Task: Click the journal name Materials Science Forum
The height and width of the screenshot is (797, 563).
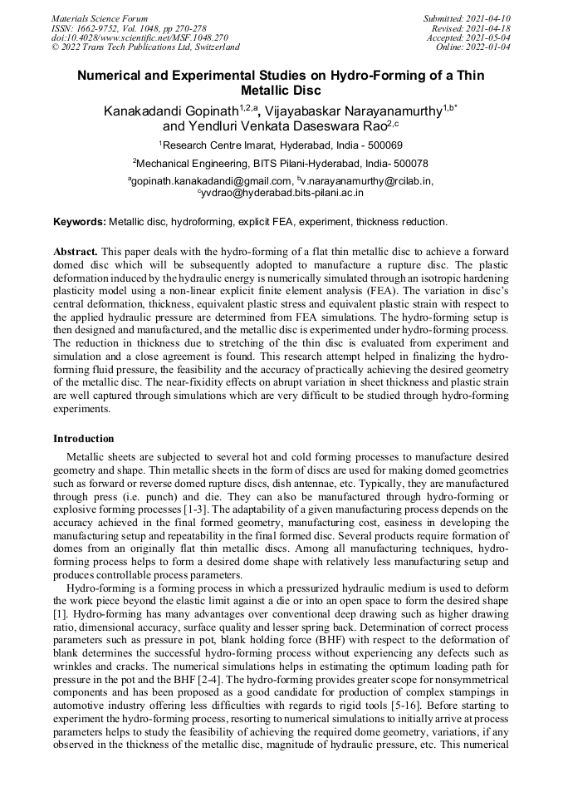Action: [100, 18]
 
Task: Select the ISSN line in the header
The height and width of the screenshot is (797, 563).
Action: [129, 28]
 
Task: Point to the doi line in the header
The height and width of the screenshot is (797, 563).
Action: [129, 37]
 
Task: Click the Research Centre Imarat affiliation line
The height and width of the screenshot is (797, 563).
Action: [281, 145]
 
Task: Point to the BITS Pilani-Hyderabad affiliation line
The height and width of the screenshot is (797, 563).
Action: [281, 164]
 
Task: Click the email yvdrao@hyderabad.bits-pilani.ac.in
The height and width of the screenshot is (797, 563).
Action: [282, 193]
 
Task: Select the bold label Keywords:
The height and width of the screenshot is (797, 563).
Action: [80, 222]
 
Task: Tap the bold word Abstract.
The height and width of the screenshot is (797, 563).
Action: [76, 251]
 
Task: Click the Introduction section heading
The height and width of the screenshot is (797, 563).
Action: [84, 438]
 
